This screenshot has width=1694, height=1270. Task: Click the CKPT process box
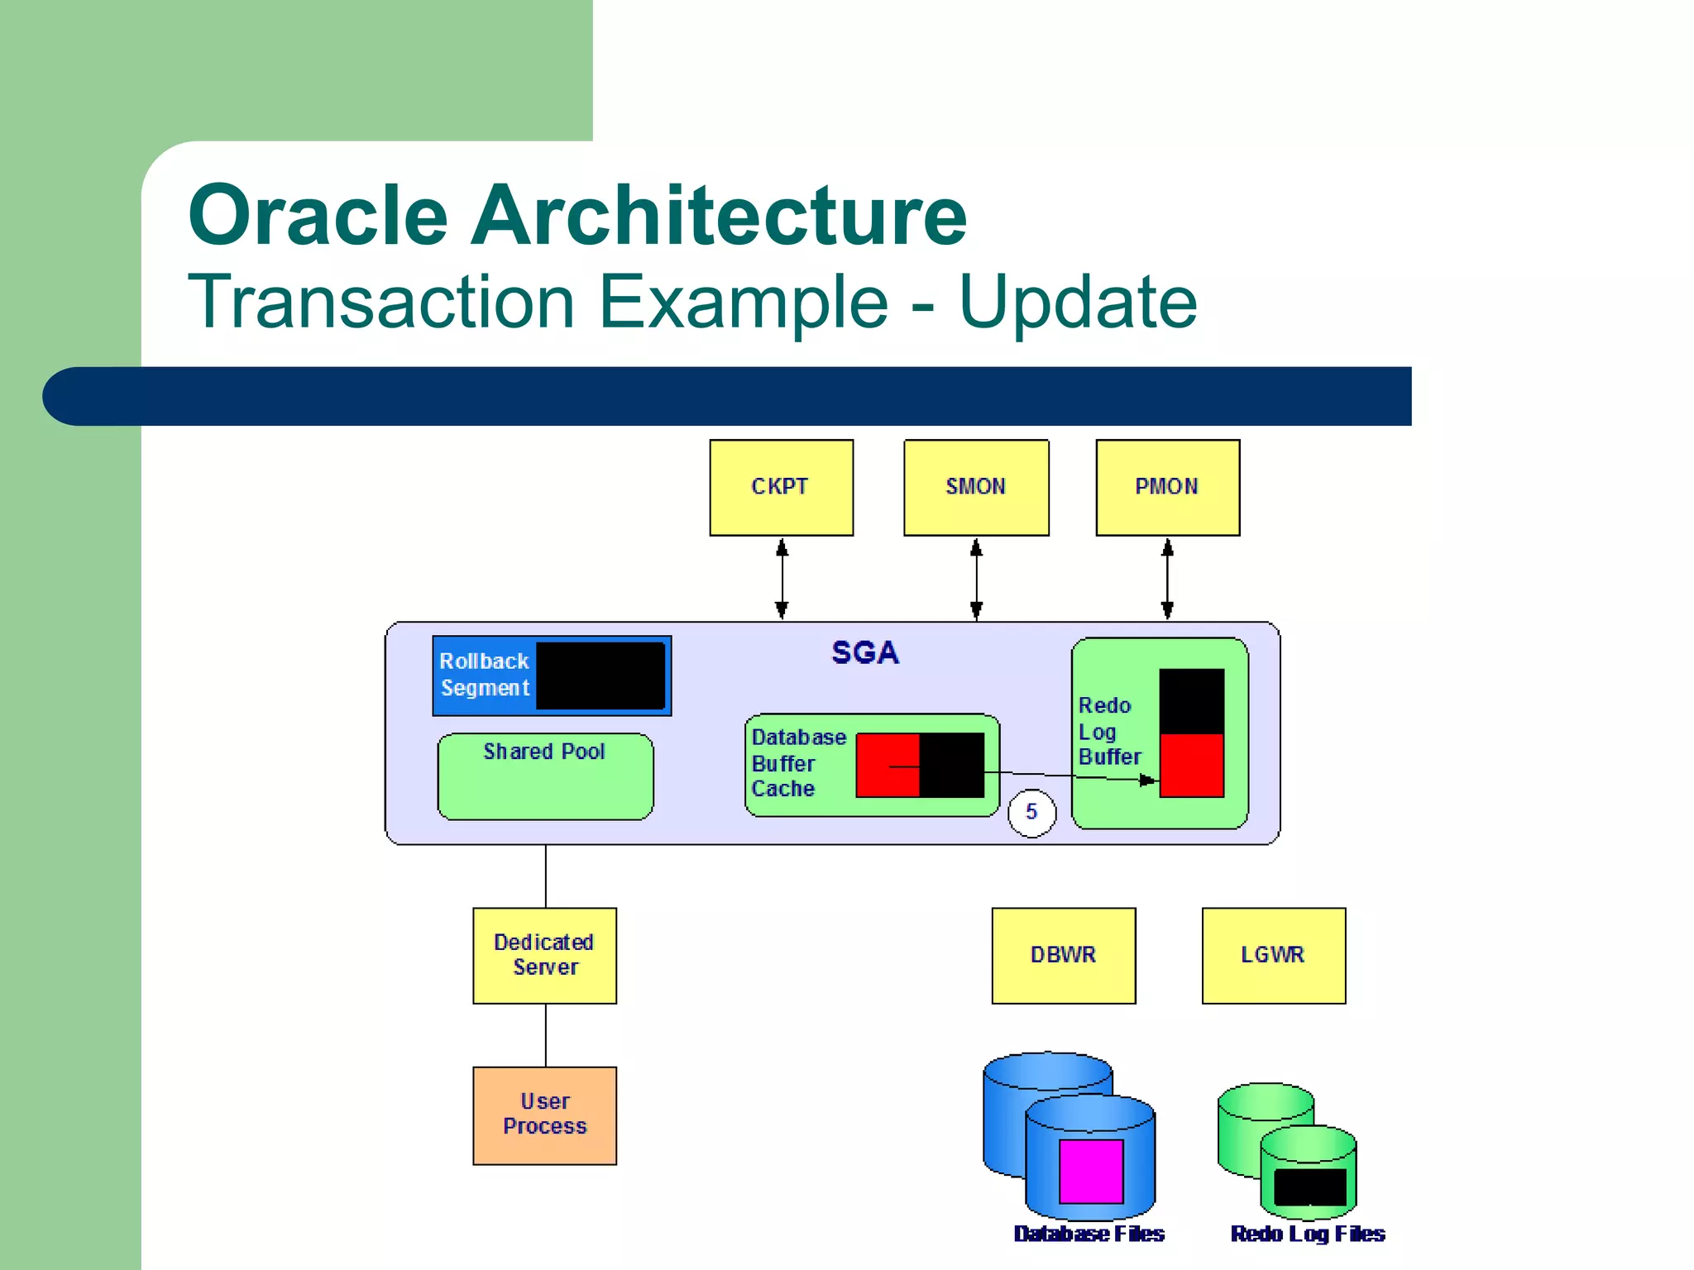click(781, 487)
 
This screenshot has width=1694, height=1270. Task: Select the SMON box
click(976, 487)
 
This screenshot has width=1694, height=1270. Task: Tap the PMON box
click(1167, 487)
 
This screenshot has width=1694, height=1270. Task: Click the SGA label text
click(864, 652)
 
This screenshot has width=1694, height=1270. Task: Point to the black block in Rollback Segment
click(601, 676)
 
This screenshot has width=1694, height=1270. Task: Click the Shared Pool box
click(545, 776)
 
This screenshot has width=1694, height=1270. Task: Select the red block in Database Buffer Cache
click(887, 765)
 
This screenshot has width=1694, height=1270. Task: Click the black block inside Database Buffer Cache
click(952, 765)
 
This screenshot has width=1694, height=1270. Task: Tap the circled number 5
click(1031, 812)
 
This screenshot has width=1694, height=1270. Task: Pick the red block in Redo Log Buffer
click(1191, 765)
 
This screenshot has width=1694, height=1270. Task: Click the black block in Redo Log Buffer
click(1191, 701)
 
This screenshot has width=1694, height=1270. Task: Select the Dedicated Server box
click(544, 955)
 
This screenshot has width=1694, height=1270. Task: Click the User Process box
click(544, 1115)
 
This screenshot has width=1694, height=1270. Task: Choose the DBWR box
click(1063, 955)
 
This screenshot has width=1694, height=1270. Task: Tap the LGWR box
click(1273, 955)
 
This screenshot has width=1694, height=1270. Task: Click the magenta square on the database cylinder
click(1091, 1171)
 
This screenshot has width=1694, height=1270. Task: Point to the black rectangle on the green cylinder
click(1309, 1187)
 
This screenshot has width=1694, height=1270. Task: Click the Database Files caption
click(1089, 1234)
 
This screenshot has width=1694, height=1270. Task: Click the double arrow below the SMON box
click(976, 579)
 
